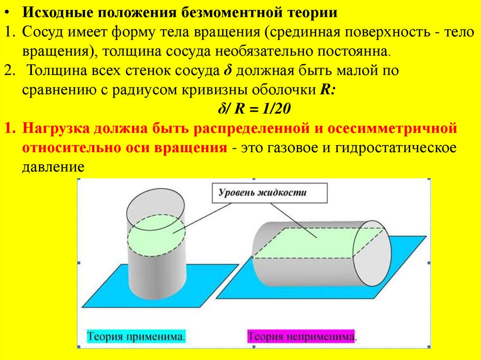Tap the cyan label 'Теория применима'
point(136,337)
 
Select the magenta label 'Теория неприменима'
point(301,337)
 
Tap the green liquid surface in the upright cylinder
point(156,235)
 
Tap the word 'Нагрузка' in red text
point(55,128)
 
